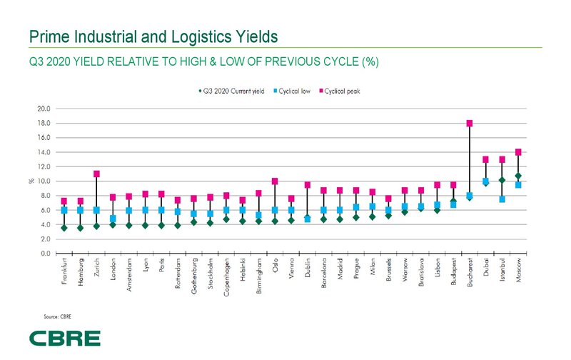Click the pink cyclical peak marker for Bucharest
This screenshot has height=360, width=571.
coord(470,124)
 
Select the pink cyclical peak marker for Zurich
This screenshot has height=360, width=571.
coord(96,174)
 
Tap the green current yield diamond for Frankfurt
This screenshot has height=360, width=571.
coord(64,228)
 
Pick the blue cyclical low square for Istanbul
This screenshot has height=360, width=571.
coord(502,199)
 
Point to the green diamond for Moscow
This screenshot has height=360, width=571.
coord(519,176)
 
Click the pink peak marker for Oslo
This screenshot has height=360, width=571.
coord(275,181)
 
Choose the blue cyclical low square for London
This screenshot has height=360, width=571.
coord(113,219)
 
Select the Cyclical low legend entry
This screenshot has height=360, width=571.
coord(293,91)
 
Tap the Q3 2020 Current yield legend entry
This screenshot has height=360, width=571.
coord(232,91)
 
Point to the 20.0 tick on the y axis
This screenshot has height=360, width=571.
coord(44,109)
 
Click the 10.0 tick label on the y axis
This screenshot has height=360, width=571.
coord(44,181)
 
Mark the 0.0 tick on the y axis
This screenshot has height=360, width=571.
coord(45,254)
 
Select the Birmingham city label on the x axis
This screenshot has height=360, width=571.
coord(258,276)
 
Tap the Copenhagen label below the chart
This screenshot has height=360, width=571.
coord(226,277)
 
